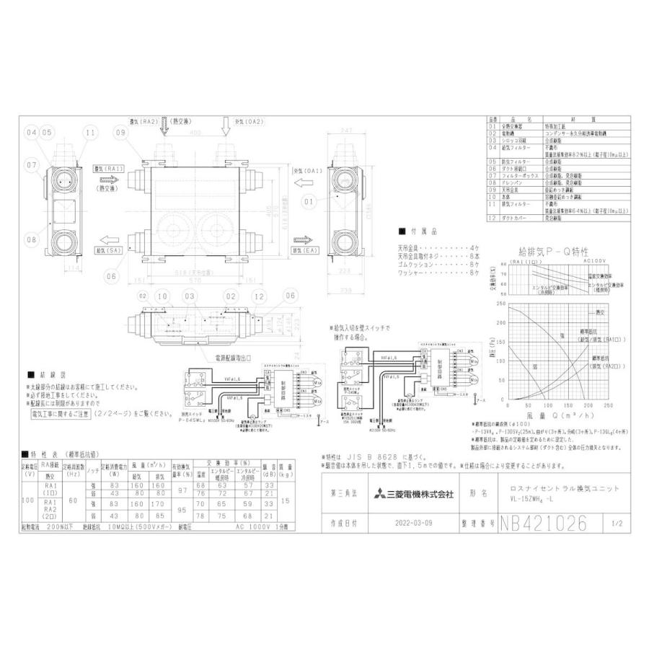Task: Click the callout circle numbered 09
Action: [x=120, y=133]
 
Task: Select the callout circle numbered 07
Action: [x=31, y=166]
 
